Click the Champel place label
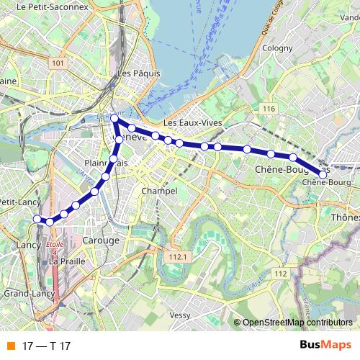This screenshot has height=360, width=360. point(159,192)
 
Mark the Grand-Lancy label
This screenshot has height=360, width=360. point(26,294)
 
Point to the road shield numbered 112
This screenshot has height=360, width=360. point(281,274)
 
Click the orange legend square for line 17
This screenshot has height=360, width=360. point(9,346)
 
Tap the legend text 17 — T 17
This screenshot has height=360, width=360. point(40,346)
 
